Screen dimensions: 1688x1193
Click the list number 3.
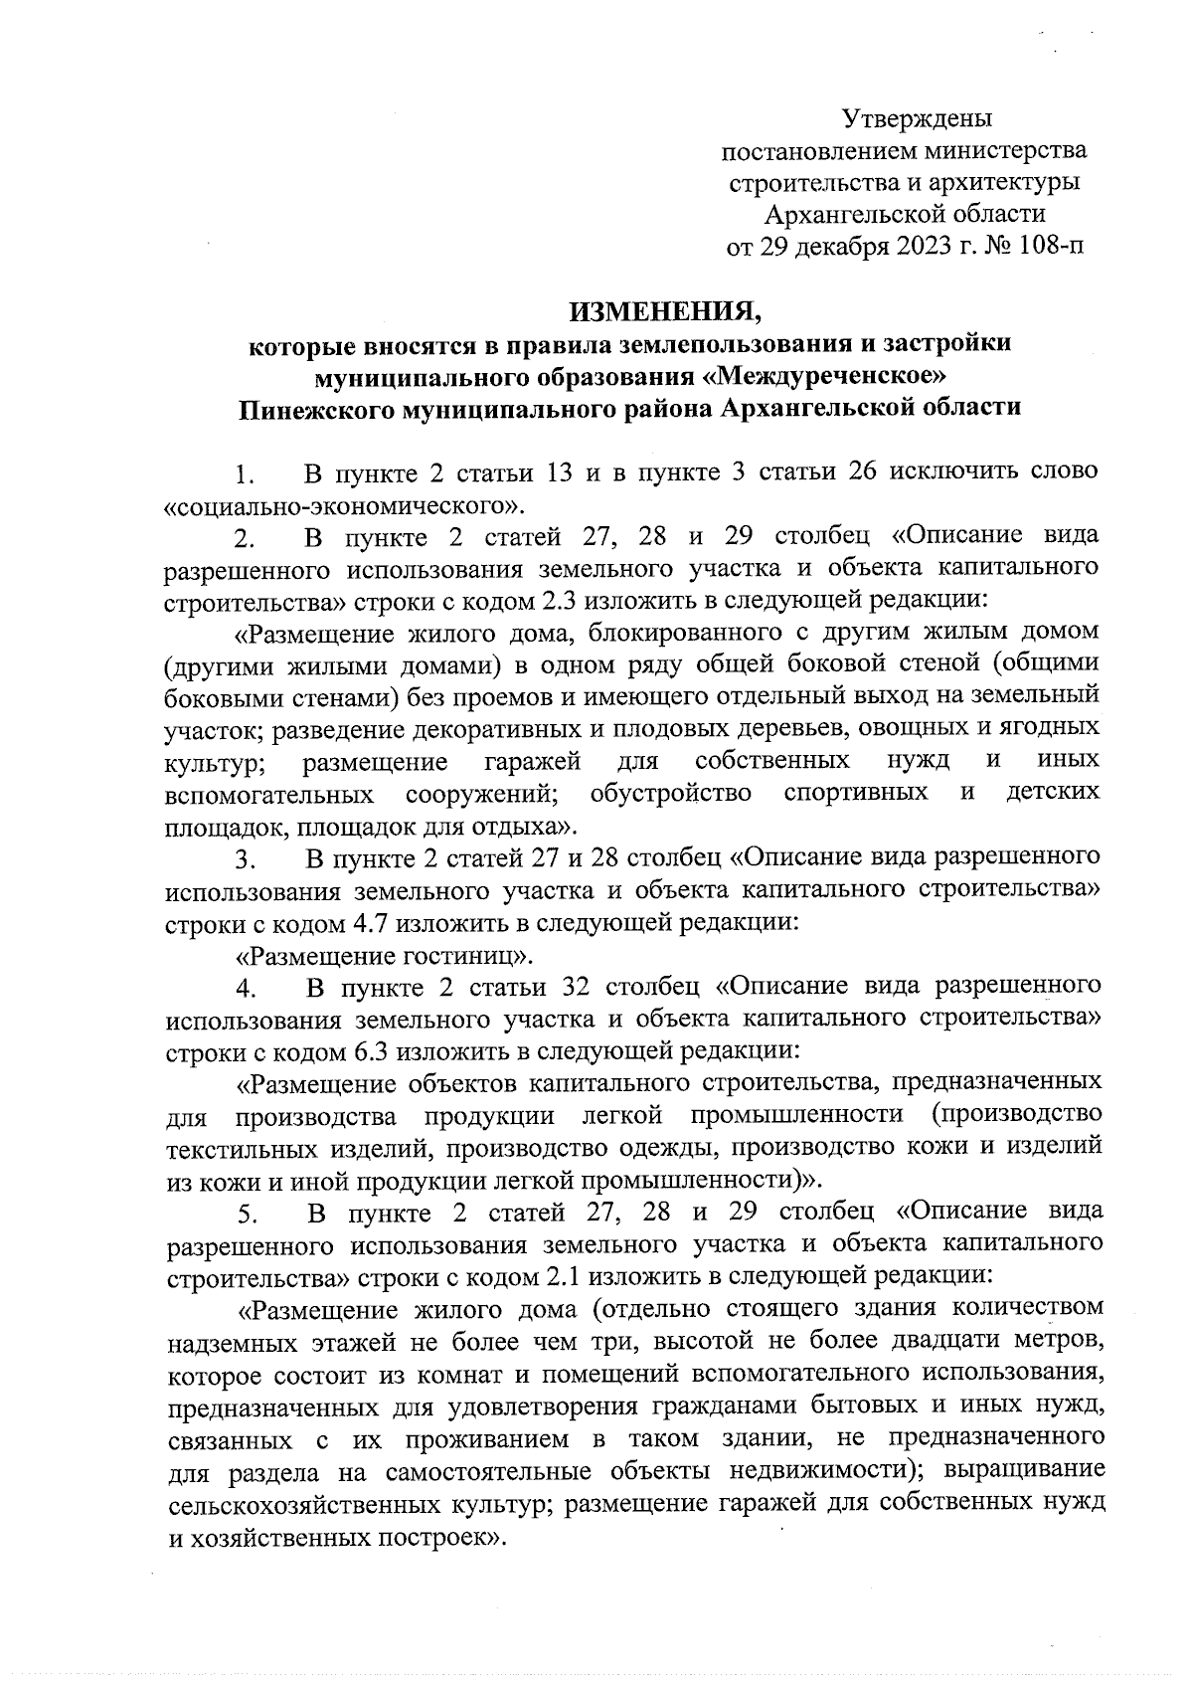[x=247, y=857]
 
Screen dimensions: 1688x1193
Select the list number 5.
[x=247, y=1213]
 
